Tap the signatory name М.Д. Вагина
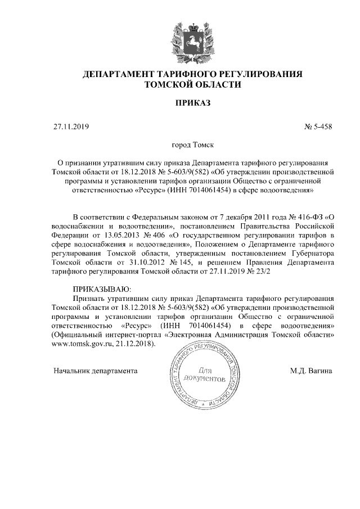[x=311, y=371]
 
